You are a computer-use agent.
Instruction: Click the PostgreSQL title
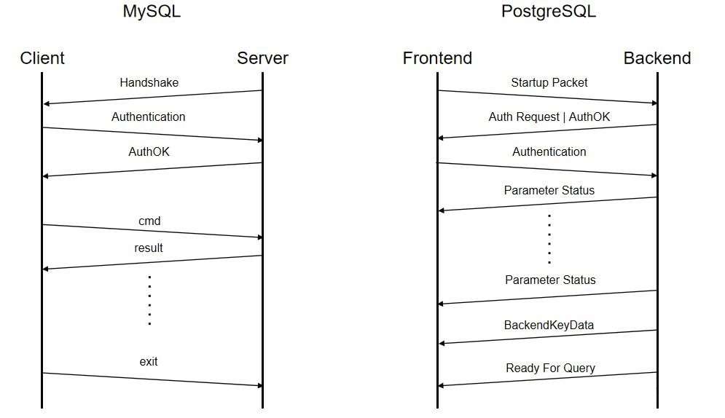pos(549,12)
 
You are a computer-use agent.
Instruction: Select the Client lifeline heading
pos(42,58)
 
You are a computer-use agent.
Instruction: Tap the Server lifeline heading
pos(262,58)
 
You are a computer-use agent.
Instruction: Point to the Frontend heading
pos(437,58)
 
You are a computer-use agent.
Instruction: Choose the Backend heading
pos(657,58)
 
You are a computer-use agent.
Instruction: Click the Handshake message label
pos(149,82)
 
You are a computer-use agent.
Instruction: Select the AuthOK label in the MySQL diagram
pos(149,152)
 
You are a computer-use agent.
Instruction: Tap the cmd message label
pos(149,221)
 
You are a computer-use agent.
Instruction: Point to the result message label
pos(149,248)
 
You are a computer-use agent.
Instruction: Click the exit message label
pos(149,361)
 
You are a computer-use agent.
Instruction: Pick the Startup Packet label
pos(549,82)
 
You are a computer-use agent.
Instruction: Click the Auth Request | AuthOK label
pos(549,117)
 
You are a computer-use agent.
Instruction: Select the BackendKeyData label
pos(549,325)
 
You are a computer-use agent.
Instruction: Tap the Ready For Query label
pos(550,368)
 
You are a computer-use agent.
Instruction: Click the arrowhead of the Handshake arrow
pos(47,104)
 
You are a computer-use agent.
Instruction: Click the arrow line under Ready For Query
pos(547,379)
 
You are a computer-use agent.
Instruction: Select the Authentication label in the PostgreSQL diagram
pos(549,151)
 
